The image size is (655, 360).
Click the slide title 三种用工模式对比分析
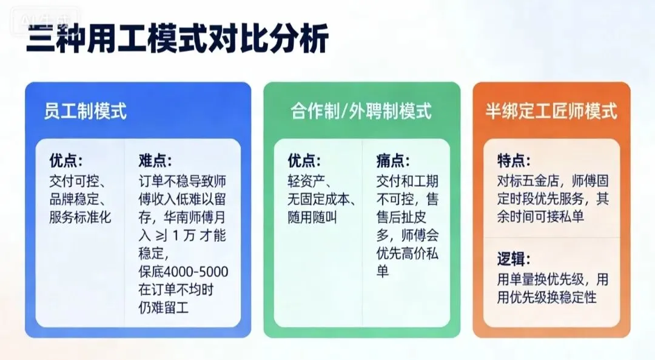click(178, 41)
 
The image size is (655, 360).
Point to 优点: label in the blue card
click(66, 161)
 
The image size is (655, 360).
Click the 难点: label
click(155, 161)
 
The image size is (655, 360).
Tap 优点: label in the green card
click(304, 161)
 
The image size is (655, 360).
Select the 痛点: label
click(393, 161)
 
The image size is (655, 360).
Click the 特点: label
click(514, 161)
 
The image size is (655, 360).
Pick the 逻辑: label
click(514, 260)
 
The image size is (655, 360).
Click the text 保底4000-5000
click(183, 272)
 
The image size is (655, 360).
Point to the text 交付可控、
click(78, 182)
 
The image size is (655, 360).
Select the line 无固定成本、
click(321, 200)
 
